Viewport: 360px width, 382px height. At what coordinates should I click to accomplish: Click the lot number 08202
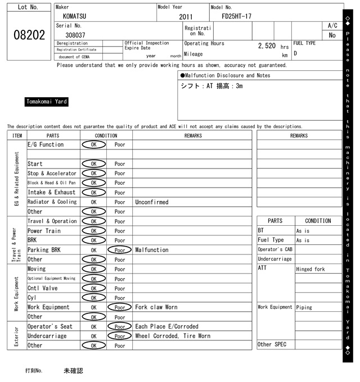29,35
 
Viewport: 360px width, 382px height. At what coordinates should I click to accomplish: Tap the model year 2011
186,17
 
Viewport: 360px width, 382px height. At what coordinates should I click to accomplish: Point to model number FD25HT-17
236,16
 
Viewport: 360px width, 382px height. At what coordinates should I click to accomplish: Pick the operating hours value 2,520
267,46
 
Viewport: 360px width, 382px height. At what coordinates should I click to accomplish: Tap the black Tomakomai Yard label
47,102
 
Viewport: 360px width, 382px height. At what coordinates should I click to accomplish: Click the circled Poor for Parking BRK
119,250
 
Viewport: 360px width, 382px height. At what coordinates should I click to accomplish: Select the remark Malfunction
152,250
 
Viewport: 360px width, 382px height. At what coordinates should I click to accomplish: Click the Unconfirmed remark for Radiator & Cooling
152,202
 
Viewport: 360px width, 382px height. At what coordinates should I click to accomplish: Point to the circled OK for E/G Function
93,145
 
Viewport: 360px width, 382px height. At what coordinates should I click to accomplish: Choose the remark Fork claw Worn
156,307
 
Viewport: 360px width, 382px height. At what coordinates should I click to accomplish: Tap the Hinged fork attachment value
310,270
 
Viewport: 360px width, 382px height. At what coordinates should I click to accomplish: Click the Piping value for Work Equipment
304,307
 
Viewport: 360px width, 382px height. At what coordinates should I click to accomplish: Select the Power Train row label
44,231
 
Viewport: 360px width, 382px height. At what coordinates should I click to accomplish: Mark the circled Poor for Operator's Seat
119,326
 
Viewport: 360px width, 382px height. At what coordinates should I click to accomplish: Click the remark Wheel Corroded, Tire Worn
173,336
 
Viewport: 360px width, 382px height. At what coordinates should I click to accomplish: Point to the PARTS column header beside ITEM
53,135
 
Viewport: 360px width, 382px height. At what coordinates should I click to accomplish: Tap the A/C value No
332,35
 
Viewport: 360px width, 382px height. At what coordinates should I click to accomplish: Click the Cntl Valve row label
43,288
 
